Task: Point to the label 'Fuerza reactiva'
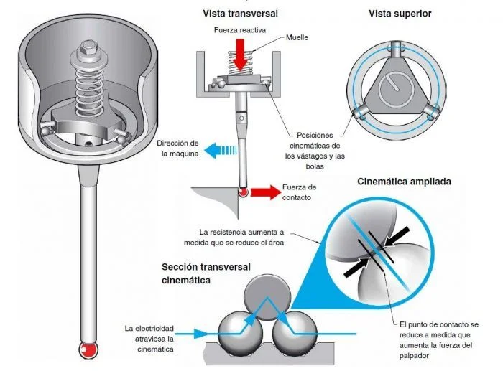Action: click(x=241, y=30)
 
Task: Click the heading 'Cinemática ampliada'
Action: click(x=404, y=182)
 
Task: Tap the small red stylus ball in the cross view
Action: click(x=243, y=192)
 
